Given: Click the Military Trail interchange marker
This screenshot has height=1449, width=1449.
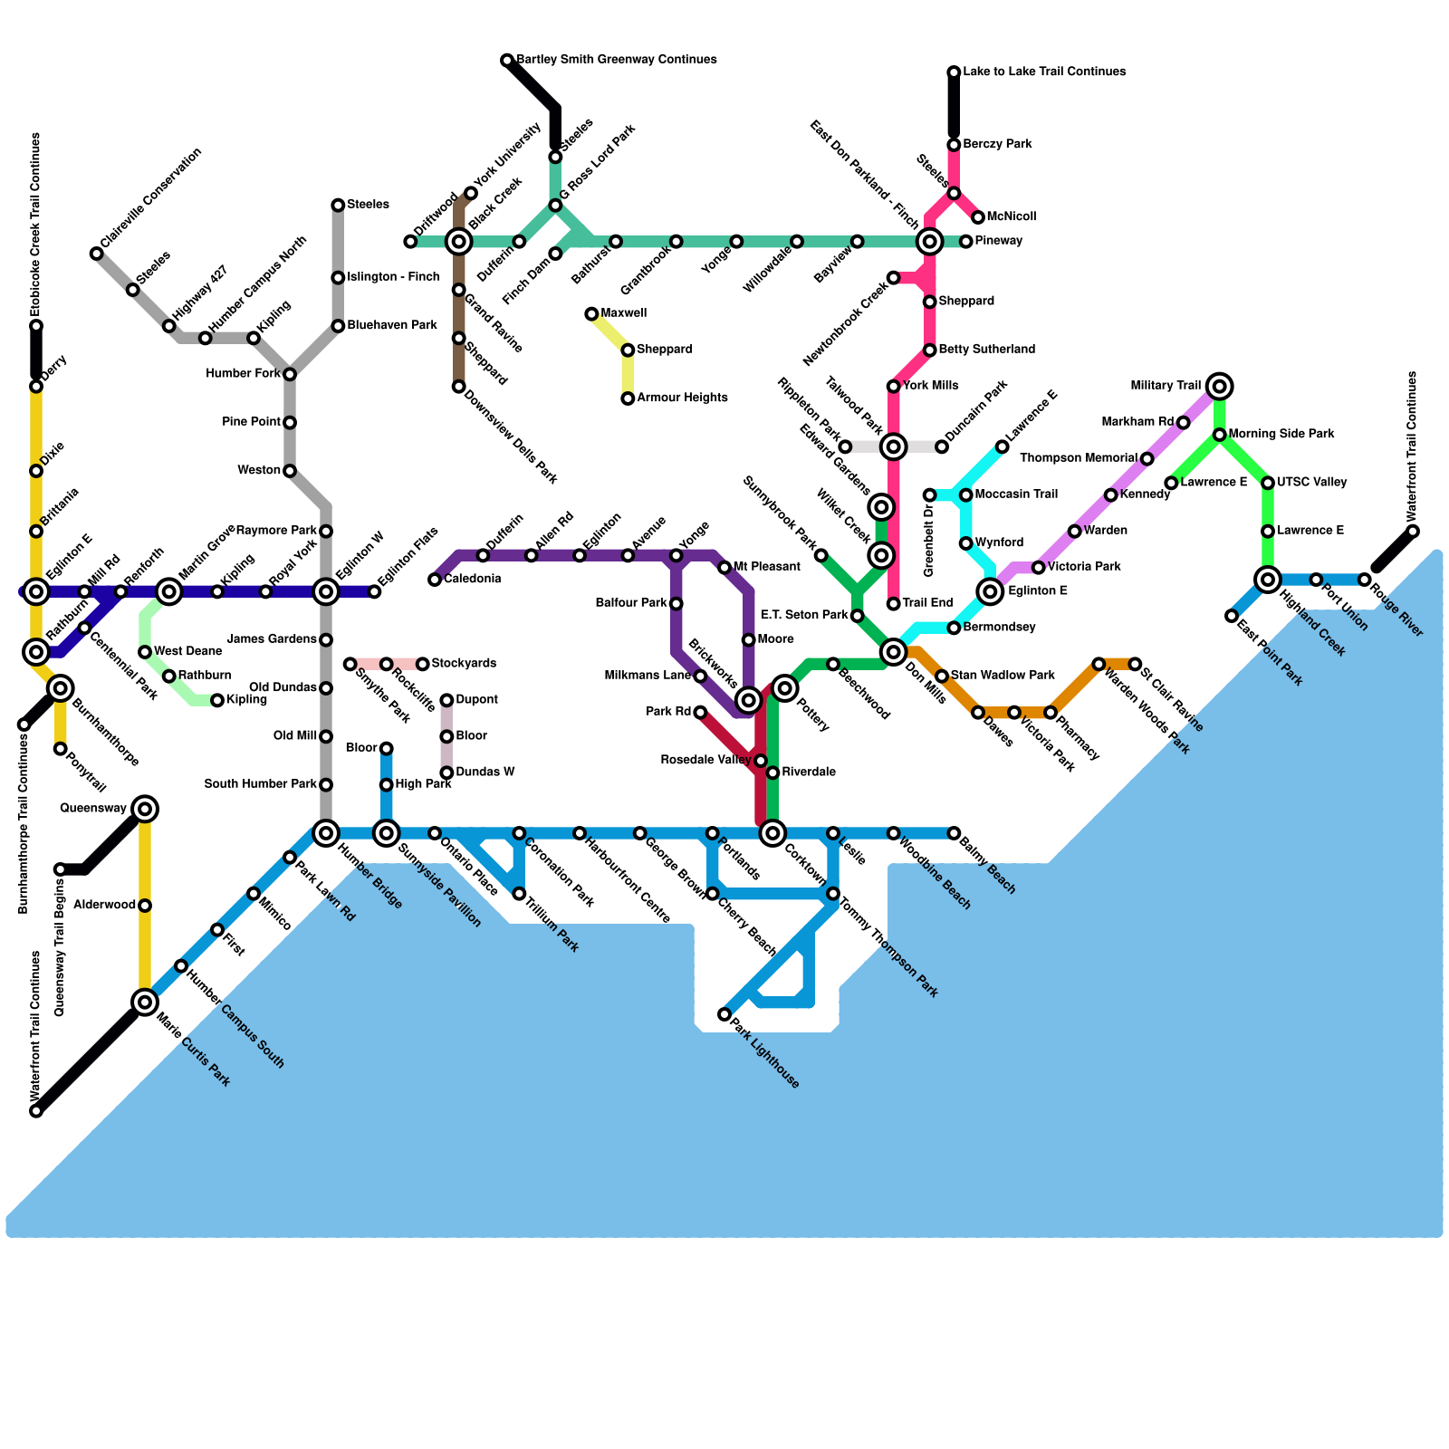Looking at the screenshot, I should pos(1220,387).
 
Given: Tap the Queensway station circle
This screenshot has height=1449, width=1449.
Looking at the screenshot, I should pos(145,809).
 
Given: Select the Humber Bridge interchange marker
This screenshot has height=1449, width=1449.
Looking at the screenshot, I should pos(326,833).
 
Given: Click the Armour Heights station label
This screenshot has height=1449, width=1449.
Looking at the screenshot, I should pos(681,398).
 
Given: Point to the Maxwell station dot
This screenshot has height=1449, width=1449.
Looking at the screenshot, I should pos(591,314).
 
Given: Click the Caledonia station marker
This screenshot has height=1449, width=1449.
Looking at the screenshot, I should pos(435,580).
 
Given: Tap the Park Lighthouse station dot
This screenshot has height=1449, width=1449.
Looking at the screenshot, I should pos(724,1014).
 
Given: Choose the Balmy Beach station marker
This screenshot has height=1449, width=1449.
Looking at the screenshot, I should pos(954,833).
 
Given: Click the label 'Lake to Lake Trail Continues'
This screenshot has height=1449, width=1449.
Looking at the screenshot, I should pos(1044,72).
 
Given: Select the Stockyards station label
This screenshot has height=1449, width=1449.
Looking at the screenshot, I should pos(464,664).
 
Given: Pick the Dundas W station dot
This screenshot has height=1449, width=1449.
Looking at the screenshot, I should pos(446,772).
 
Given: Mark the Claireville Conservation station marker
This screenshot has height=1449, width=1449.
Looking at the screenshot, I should pos(97,254).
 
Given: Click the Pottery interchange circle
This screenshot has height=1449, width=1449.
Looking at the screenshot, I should pos(785,688).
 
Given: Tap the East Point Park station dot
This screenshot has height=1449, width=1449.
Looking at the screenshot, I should pos(1232,616).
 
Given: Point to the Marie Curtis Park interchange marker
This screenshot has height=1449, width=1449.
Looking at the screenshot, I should pos(145,1002).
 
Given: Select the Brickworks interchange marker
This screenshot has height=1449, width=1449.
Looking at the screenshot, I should pos(748,700).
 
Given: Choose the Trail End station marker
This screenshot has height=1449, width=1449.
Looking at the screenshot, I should pos(894,604).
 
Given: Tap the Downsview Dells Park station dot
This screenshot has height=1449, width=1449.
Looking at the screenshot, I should pos(459,387).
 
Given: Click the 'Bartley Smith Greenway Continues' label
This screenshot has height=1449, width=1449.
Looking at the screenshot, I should pos(616,60).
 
